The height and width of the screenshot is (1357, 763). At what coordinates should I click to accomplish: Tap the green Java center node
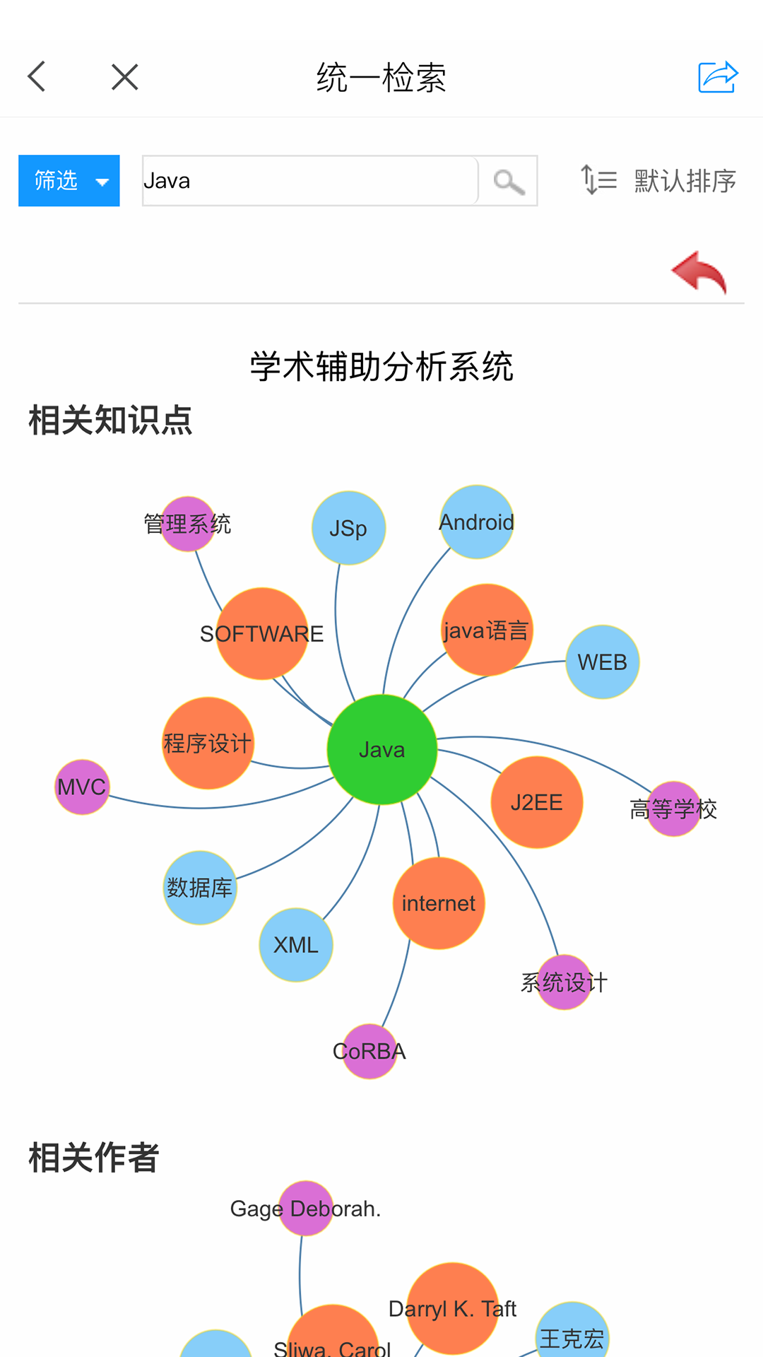pyautogui.click(x=381, y=749)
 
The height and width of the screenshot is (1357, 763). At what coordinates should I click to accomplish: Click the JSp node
pyautogui.click(x=348, y=528)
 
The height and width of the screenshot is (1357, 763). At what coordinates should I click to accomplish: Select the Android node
pyautogui.click(x=477, y=522)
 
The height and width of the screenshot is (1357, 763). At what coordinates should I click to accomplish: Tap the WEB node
pyautogui.click(x=602, y=662)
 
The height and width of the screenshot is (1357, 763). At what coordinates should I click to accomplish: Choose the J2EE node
pyautogui.click(x=537, y=802)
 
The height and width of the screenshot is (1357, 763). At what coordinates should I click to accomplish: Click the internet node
pyautogui.click(x=439, y=903)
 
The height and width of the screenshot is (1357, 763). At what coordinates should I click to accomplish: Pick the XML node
pyautogui.click(x=296, y=945)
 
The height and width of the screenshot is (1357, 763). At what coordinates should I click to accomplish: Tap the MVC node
pyautogui.click(x=82, y=787)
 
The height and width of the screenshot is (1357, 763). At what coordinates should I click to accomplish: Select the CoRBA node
pyautogui.click(x=369, y=1051)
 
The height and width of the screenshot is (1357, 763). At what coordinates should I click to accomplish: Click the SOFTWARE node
pyautogui.click(x=262, y=634)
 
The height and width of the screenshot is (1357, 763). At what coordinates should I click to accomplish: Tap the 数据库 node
pyautogui.click(x=200, y=888)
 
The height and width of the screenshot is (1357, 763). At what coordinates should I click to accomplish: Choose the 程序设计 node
pyautogui.click(x=208, y=744)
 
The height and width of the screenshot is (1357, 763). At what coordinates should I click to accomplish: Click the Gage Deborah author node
pyautogui.click(x=306, y=1209)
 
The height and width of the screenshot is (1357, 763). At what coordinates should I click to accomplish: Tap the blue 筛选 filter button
pyautogui.click(x=69, y=181)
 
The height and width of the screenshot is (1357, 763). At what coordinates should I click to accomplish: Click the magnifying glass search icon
pyautogui.click(x=509, y=182)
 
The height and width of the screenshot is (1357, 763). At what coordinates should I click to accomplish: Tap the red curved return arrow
pyautogui.click(x=699, y=272)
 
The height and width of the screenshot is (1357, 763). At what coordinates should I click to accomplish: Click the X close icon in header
pyautogui.click(x=125, y=77)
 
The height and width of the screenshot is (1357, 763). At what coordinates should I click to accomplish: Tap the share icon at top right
pyautogui.click(x=718, y=77)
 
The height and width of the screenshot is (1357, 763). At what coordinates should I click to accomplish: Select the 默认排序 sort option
pyautogui.click(x=658, y=181)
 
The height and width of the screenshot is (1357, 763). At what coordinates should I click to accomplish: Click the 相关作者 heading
pyautogui.click(x=94, y=1158)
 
